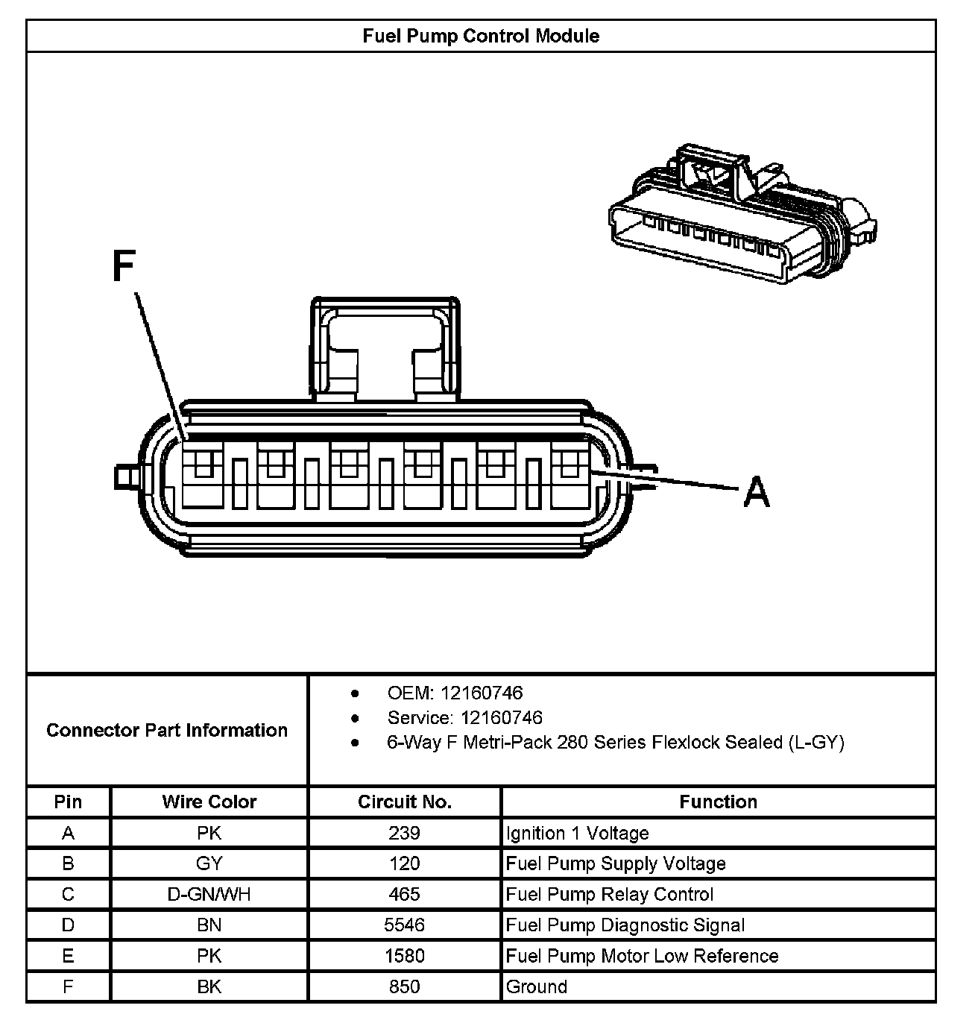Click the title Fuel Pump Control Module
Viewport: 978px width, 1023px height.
click(x=481, y=36)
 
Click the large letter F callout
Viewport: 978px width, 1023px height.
click(x=124, y=266)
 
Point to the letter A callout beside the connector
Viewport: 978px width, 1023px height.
click(x=756, y=493)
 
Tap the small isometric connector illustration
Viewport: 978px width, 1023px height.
click(x=741, y=215)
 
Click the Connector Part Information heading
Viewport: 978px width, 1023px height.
click(x=167, y=730)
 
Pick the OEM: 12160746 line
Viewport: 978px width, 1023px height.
click(x=455, y=693)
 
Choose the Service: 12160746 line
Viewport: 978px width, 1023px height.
click(x=464, y=717)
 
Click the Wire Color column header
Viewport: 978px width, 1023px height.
click(x=209, y=802)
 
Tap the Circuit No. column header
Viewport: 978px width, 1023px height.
click(x=404, y=802)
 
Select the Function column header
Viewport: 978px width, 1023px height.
click(x=718, y=802)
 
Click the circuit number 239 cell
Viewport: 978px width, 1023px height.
click(x=404, y=833)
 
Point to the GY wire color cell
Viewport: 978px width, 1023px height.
click(x=209, y=863)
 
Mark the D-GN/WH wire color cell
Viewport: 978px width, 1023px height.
click(x=209, y=894)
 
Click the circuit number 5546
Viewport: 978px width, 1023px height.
click(x=404, y=925)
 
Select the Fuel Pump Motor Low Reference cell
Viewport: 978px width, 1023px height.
click(x=642, y=956)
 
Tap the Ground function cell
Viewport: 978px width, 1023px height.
click(x=536, y=986)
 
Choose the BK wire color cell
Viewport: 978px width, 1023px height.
click(x=209, y=986)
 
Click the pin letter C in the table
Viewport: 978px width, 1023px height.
click(x=68, y=894)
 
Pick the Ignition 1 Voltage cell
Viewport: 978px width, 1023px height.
click(x=577, y=833)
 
